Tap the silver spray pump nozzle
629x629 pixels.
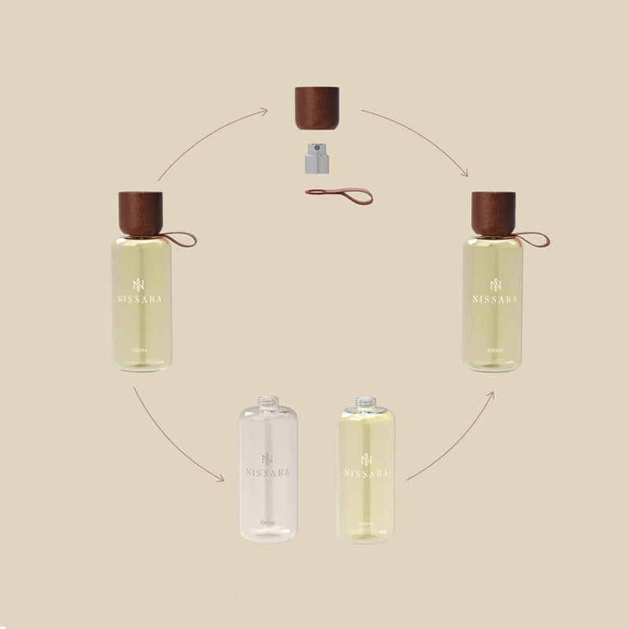click(315, 160)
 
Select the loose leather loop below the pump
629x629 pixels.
click(338, 192)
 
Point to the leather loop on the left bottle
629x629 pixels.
click(179, 237)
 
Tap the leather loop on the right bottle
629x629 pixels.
click(533, 237)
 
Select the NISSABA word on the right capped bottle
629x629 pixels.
click(495, 299)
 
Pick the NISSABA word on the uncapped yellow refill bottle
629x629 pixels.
click(366, 473)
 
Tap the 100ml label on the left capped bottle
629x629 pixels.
click(142, 350)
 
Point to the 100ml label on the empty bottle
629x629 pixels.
click(267, 523)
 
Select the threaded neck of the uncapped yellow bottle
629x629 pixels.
click(366, 403)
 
